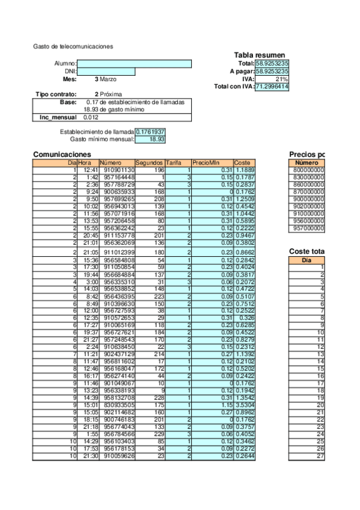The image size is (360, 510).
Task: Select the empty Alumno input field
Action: pyautogui.click(x=134, y=64)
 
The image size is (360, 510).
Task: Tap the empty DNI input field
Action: pyautogui.click(x=106, y=72)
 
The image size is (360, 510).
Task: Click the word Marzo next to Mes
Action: pyautogui.click(x=108, y=79)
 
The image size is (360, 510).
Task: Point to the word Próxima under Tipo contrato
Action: pyautogui.click(x=111, y=94)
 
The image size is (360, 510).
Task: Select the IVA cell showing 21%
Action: pyautogui.click(x=272, y=79)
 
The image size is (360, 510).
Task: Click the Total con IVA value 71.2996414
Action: pyautogui.click(x=272, y=87)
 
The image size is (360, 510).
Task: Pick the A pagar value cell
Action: pyautogui.click(x=272, y=71)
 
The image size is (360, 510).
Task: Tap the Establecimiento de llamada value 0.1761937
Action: pyautogui.click(x=150, y=132)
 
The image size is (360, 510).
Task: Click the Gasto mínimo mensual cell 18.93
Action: pyautogui.click(x=150, y=139)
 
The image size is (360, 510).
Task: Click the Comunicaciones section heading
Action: pyautogui.click(x=62, y=155)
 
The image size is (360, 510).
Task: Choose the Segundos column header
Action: pyautogui.click(x=149, y=163)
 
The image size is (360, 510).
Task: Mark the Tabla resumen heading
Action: pyautogui.click(x=259, y=55)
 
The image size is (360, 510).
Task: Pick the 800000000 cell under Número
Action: pyautogui.click(x=307, y=170)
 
